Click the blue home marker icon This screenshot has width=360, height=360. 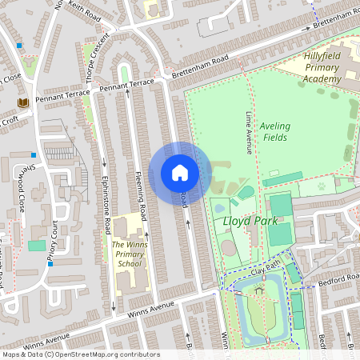click(180, 173)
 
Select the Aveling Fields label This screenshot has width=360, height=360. click(274, 131)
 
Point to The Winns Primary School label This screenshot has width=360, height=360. click(128, 254)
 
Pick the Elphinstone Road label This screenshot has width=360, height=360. click(104, 205)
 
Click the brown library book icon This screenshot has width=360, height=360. click(22, 102)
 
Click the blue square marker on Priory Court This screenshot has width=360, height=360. click(50, 262)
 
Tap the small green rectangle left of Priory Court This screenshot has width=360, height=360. click(37, 245)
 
